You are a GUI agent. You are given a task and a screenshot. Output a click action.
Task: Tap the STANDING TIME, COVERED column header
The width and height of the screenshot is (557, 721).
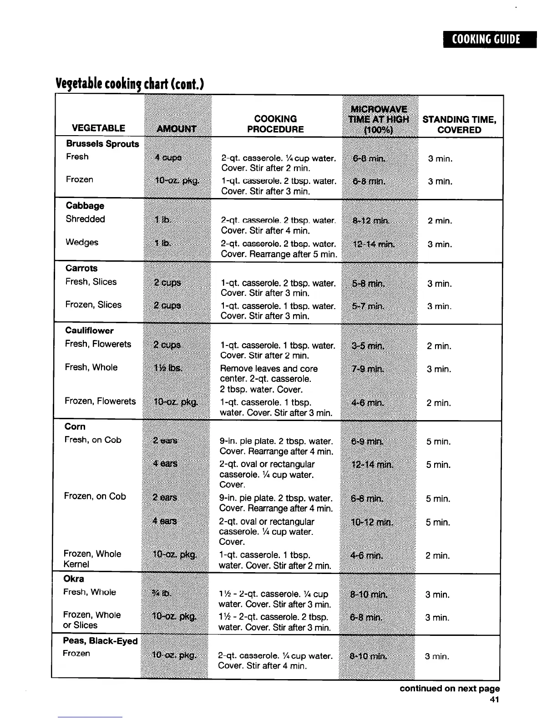(459, 125)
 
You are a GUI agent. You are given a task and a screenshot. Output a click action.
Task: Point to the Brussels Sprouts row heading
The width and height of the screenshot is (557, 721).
(102, 144)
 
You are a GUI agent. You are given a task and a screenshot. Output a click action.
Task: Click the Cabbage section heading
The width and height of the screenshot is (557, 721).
(85, 206)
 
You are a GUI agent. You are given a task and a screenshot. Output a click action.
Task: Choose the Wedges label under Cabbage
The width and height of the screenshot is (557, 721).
(82, 242)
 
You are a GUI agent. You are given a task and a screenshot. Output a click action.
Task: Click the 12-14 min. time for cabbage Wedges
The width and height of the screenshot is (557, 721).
(374, 244)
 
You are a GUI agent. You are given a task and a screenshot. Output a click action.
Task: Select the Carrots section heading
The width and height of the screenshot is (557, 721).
(81, 268)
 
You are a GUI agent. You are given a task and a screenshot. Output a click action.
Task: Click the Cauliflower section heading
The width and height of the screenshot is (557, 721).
(89, 330)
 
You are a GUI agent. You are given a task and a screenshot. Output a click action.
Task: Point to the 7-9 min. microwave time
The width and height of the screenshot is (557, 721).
(369, 369)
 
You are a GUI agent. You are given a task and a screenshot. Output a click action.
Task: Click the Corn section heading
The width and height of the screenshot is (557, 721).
(75, 427)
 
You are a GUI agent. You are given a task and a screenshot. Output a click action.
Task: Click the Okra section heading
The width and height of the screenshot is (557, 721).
(74, 579)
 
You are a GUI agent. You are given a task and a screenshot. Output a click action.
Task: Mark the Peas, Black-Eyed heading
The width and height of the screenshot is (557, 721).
(100, 641)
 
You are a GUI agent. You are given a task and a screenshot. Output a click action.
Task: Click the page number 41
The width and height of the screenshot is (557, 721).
(494, 700)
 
